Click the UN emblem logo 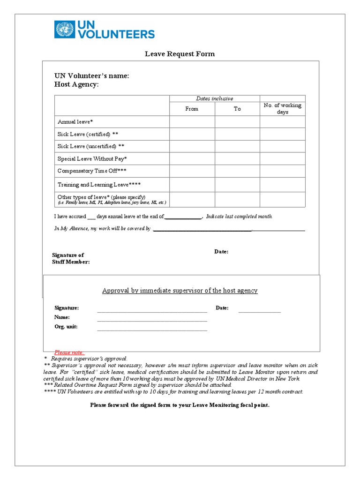[64, 29]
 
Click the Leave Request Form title [180, 54]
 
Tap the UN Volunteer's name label [91, 76]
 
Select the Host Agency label [76, 84]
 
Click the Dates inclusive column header [214, 98]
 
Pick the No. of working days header [282, 109]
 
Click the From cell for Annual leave [192, 122]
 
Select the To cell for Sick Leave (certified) [237, 134]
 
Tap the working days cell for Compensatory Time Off [282, 171]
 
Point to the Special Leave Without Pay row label [92, 159]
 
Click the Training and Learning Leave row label [99, 185]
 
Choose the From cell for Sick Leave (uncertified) [192, 146]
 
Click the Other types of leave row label [101, 197]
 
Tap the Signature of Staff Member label [70, 258]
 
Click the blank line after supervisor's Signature [152, 311]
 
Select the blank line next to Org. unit [152, 330]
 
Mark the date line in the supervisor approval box [259, 311]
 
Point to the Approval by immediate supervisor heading [180, 291]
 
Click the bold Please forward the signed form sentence [180, 405]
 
